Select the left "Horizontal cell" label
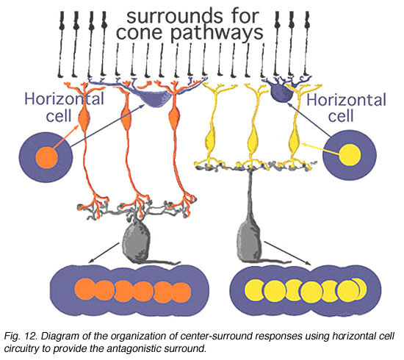coord(63,107)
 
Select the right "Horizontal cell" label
coord(346,108)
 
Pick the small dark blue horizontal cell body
coord(281,93)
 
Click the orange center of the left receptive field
coord(46,157)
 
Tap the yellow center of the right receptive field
coord(350,155)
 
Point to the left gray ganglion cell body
coord(137,242)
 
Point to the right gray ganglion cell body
coord(249,242)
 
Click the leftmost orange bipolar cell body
coord(84,119)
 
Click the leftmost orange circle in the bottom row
coord(84,289)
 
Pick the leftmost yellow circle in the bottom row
coord(254,290)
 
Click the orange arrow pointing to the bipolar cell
coord(66,137)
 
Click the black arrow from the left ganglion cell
coord(104,253)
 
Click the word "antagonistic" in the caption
coord(132,349)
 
